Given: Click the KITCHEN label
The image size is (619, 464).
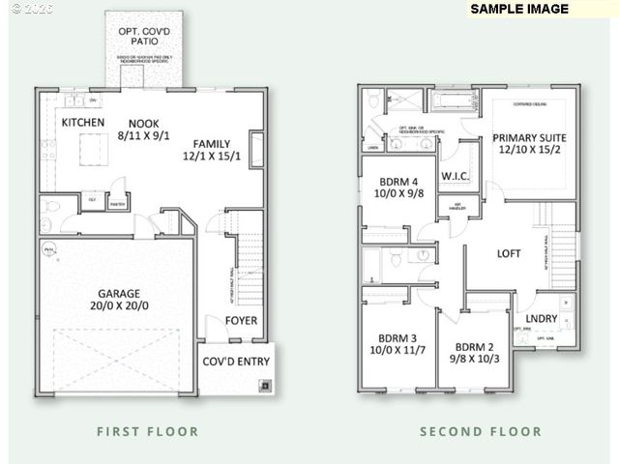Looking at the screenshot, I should tap(83, 123).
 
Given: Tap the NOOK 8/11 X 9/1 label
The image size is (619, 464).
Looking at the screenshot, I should tap(145, 130).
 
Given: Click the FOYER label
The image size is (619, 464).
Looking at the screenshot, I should tap(242, 321).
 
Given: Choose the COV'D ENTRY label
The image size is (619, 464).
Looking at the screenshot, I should tap(236, 362).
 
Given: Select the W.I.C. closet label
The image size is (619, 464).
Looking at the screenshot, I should tap(456, 177).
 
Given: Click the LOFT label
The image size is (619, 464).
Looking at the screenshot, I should tap(509, 254).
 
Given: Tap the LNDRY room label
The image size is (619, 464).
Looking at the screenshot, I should tap(541, 319).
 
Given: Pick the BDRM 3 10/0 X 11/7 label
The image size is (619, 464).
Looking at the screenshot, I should tap(396, 345).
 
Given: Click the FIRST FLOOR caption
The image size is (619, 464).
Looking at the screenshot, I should tap(148, 431).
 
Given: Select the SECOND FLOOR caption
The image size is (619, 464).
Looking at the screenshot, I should tap(481, 431).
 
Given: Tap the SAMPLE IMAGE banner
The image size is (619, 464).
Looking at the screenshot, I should tap(519, 9).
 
